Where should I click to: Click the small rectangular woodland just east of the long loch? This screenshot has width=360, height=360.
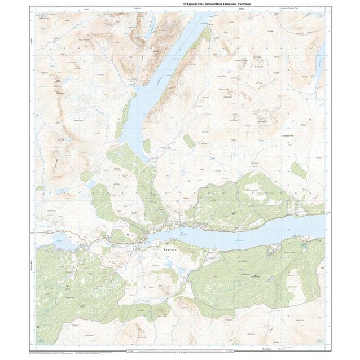[x=188, y=140]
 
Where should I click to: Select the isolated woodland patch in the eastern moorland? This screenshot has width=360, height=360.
[x=298, y=170]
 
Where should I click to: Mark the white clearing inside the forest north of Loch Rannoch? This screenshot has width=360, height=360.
[x=257, y=195]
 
